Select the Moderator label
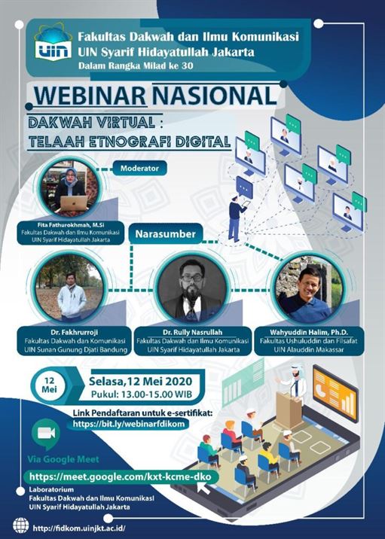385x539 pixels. (140, 168)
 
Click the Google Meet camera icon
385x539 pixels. (46, 434)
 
